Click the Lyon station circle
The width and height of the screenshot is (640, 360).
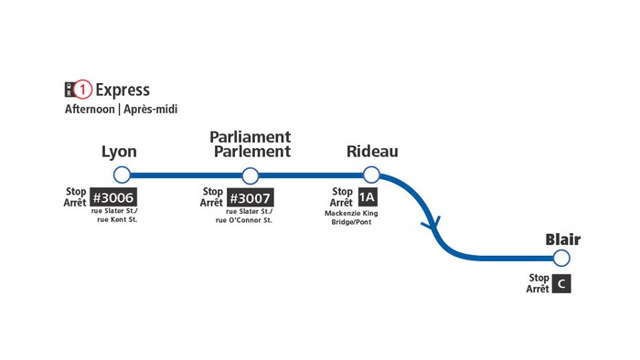tap(122, 175)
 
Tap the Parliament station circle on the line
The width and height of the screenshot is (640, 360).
tap(250, 175)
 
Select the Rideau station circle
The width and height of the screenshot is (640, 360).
tap(371, 175)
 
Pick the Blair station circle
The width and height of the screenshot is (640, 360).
tap(562, 259)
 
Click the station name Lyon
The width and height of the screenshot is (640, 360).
tap(120, 152)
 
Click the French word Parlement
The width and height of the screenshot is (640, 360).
tap(252, 152)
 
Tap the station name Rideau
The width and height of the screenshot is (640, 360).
tap(372, 152)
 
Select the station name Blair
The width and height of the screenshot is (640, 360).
tap(563, 239)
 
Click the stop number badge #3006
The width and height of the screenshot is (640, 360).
tap(113, 197)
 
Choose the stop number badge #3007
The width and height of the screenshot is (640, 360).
tap(251, 197)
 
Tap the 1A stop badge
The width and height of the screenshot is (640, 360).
tap(367, 197)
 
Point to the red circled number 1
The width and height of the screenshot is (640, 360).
tap(84, 90)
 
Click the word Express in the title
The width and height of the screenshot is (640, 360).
tap(123, 90)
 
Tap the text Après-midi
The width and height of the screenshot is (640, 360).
tap(151, 110)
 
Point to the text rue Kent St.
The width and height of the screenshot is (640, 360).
tap(117, 220)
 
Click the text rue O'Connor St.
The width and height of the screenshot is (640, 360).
tap(244, 220)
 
